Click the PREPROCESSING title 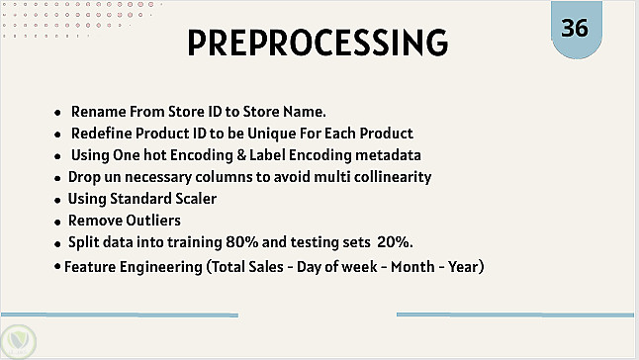[x=318, y=43]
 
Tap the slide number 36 [x=575, y=28]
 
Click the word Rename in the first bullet [x=98, y=112]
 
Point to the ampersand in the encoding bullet [x=240, y=155]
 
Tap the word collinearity [x=393, y=177]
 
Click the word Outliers [x=152, y=221]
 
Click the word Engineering [x=161, y=267]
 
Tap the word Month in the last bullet [x=412, y=267]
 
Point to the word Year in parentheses [x=463, y=267]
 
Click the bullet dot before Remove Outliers [x=58, y=223]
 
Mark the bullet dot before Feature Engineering [x=57, y=266]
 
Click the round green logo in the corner [x=18, y=342]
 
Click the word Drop [x=84, y=177]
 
